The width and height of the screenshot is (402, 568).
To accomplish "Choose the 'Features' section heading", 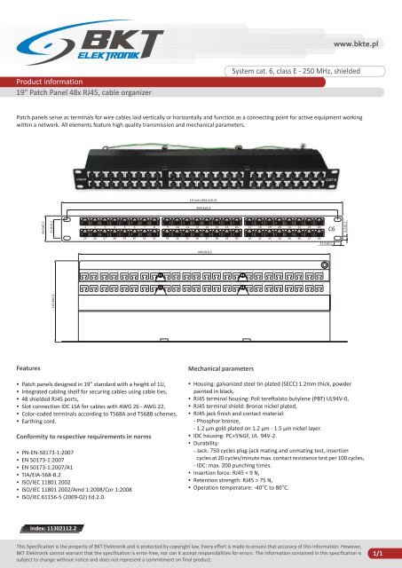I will pos(31,340).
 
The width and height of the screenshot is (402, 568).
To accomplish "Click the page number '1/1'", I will pos(377,552).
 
